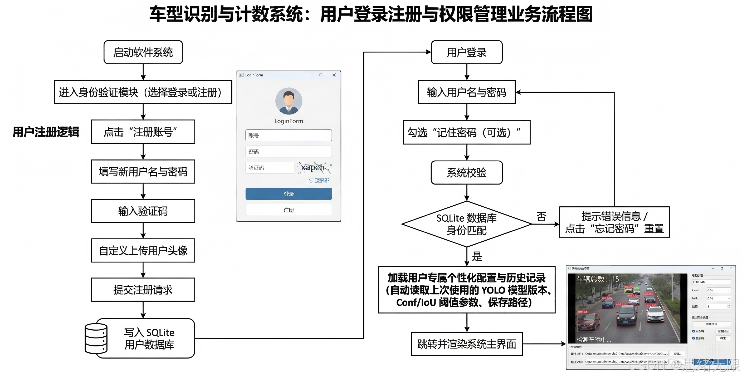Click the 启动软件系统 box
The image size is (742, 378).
(143, 52)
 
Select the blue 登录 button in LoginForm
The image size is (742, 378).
(288, 194)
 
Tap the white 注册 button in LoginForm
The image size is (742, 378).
(288, 210)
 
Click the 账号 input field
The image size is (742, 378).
(288, 135)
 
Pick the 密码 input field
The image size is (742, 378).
(288, 152)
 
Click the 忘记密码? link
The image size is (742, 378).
(319, 180)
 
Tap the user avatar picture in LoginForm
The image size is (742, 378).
(289, 101)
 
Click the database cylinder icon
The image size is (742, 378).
(96, 338)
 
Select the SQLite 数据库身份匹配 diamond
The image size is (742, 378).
(466, 224)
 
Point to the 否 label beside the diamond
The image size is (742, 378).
(541, 217)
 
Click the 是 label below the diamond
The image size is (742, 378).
(477, 256)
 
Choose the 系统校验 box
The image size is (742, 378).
(466, 173)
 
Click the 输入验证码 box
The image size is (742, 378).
(143, 211)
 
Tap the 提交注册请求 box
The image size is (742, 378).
(143, 290)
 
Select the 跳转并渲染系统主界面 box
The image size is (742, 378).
(467, 344)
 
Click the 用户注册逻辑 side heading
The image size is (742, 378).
(46, 132)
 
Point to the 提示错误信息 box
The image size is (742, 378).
(614, 222)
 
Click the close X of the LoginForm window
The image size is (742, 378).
(334, 75)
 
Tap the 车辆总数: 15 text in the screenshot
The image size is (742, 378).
(597, 279)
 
